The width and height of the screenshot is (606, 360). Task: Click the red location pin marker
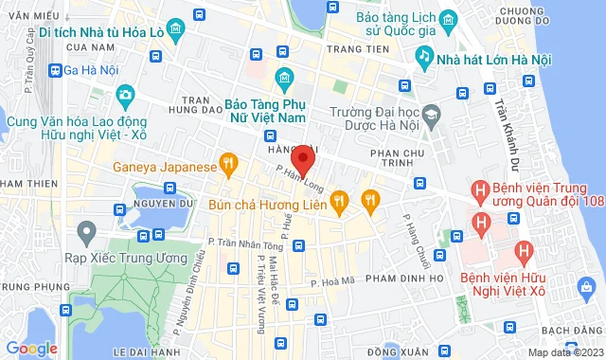pos(302,158)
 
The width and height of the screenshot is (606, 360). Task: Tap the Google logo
pos(30,349)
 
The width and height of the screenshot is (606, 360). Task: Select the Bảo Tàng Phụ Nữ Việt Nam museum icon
pos(282,78)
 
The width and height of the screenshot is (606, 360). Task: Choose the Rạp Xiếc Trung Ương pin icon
pos(87,231)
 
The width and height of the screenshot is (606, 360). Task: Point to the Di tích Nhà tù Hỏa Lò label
pos(105,29)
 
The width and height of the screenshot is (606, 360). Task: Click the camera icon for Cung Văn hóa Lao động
pos(125,95)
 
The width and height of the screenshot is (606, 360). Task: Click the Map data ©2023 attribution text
pos(565,352)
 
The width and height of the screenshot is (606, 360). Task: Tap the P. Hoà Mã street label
pos(331,280)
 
